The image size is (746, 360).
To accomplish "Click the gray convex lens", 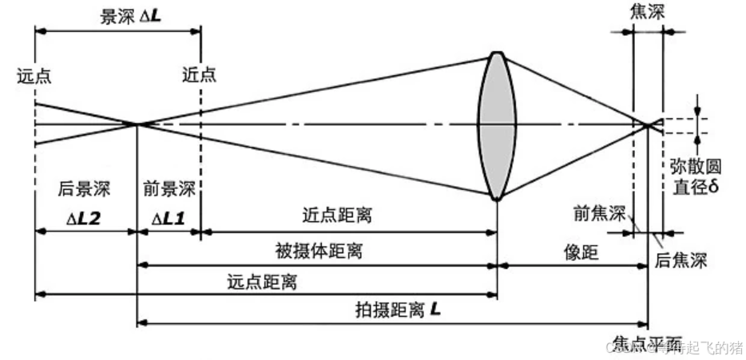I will click(x=496, y=125).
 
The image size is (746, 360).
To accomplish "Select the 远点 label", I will click(x=34, y=77).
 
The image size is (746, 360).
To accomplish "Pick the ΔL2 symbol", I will click(x=85, y=216).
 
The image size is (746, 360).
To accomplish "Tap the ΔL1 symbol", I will click(x=169, y=216).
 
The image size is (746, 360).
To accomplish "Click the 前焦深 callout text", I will click(x=599, y=214).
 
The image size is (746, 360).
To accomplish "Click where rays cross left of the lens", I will click(x=137, y=124).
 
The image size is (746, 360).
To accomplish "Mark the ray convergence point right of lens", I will click(x=648, y=124).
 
